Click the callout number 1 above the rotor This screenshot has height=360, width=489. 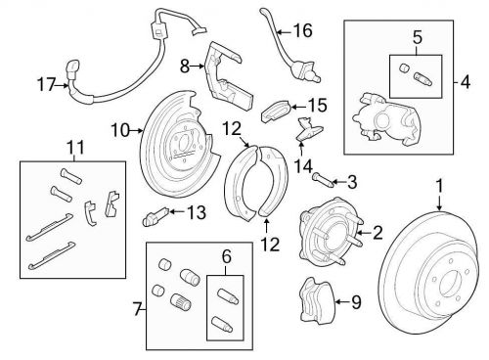tap(440, 186)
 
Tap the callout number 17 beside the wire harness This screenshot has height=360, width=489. tap(46, 85)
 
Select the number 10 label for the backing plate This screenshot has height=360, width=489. tap(120, 130)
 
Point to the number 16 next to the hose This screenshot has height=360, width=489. tap(302, 31)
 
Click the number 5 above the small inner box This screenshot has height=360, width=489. tap(418, 37)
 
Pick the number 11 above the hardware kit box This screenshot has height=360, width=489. tap(75, 147)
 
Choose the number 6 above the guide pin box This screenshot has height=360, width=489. tap(227, 256)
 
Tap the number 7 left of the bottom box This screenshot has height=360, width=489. tap(138, 309)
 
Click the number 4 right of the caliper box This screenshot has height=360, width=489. tap(466, 81)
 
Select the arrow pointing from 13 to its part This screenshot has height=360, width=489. tap(178, 212)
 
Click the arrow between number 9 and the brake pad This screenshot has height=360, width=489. tap(342, 302)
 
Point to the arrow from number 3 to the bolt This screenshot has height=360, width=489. tap(338, 182)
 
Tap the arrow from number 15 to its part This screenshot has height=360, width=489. tap(298, 107)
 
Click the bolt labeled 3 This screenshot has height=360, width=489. tap(322, 180)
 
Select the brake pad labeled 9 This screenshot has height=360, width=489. tap(317, 299)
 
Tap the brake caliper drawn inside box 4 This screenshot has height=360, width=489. tap(385, 118)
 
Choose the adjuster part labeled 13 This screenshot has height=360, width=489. tap(156, 216)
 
